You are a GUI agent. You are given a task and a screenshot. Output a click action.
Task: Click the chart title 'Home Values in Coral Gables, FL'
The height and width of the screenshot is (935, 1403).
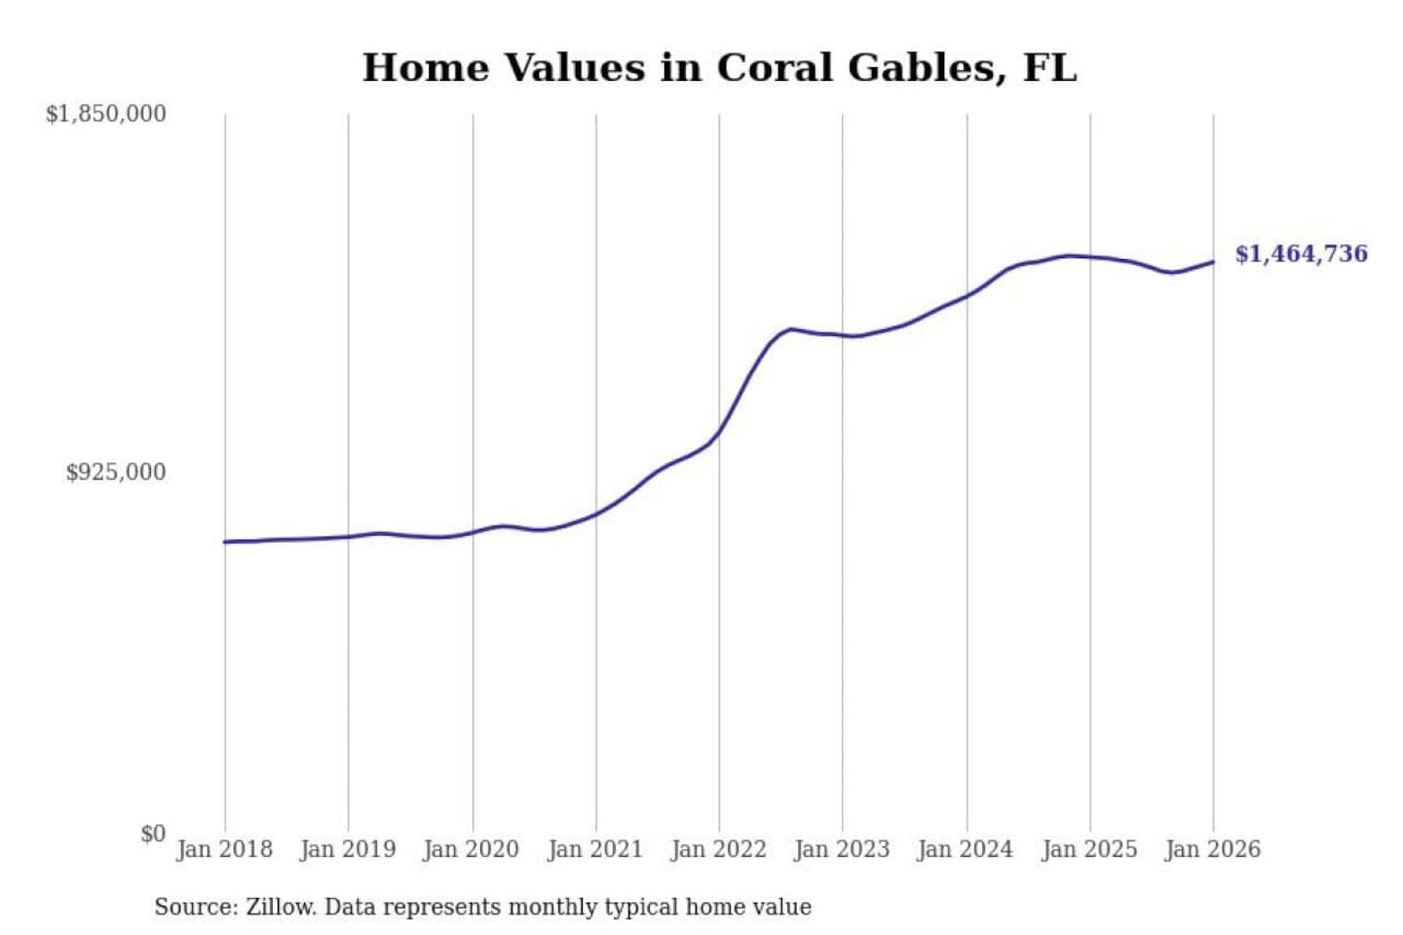pos(719,68)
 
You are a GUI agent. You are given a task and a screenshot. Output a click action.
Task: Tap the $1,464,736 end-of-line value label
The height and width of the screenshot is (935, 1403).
pos(1301,254)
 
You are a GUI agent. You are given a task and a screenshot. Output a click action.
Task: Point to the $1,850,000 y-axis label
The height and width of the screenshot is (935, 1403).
pos(106,114)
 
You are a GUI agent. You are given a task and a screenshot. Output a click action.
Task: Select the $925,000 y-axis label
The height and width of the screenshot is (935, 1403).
pos(116,472)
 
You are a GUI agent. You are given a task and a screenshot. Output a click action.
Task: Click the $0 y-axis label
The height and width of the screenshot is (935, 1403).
pos(153,834)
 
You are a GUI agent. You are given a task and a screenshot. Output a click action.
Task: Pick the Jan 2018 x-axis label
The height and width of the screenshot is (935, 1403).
pos(224,849)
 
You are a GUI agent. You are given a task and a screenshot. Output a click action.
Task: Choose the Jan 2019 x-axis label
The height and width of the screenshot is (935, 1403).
pos(348,849)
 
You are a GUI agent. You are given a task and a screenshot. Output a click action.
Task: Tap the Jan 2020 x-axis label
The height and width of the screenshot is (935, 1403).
pos(472,849)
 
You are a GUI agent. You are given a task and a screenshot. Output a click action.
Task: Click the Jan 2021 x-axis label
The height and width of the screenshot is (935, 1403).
pos(595,849)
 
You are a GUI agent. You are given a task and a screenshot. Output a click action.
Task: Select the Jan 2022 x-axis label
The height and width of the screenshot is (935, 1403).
pos(719,849)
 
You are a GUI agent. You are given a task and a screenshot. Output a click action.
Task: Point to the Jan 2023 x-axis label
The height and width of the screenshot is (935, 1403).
pos(842,849)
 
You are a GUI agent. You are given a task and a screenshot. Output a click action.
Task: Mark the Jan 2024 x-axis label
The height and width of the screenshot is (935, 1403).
pos(966,849)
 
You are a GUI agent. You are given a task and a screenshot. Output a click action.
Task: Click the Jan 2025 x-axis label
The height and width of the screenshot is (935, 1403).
pos(1089,849)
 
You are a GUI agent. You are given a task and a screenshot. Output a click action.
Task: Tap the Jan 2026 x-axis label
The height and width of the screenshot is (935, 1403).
pos(1213,849)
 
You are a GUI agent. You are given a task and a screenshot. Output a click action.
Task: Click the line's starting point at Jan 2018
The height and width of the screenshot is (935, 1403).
pos(225,542)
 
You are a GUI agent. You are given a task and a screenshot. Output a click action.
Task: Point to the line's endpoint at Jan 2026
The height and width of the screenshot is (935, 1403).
pos(1213,261)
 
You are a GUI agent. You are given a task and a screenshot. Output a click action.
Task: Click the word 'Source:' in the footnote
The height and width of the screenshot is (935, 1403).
pos(196,908)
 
